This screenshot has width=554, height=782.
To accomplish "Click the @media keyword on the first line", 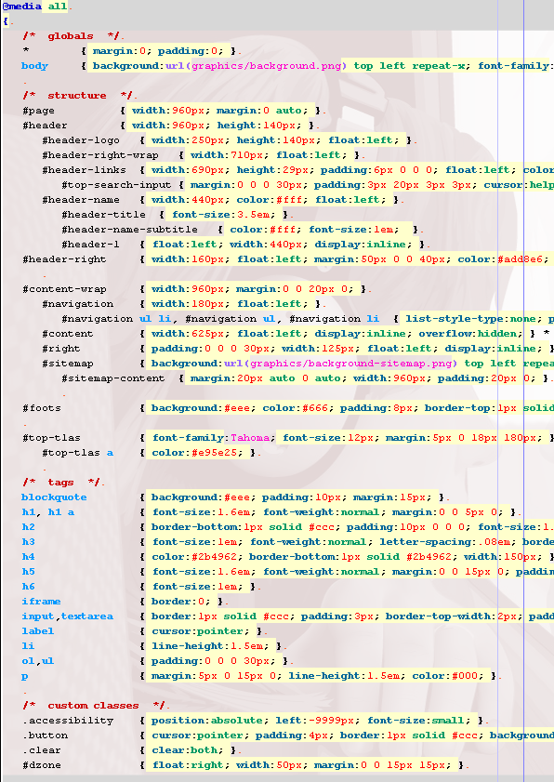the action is click(22, 7).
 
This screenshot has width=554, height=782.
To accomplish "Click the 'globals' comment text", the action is click(71, 36).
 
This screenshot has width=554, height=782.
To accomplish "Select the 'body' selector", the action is click(34, 66).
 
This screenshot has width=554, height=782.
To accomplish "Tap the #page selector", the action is click(38, 111).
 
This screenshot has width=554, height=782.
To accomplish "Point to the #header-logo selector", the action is click(81, 140).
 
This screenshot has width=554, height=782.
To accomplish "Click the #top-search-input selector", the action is click(116, 185).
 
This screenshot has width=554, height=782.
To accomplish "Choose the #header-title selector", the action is click(103, 215).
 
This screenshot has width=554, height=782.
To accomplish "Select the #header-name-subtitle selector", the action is click(129, 230).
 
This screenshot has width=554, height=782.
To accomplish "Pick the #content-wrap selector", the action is click(64, 289).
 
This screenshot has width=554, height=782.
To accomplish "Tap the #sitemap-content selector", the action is click(112, 378).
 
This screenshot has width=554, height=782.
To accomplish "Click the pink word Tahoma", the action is click(250, 438).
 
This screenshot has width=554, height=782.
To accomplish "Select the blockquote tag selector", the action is click(54, 497).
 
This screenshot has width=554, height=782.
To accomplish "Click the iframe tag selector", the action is click(41, 602).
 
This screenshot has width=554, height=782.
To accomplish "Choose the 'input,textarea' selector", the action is click(67, 616).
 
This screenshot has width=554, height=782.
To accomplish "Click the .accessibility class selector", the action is click(68, 721).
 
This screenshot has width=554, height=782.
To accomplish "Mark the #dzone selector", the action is click(42, 765).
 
